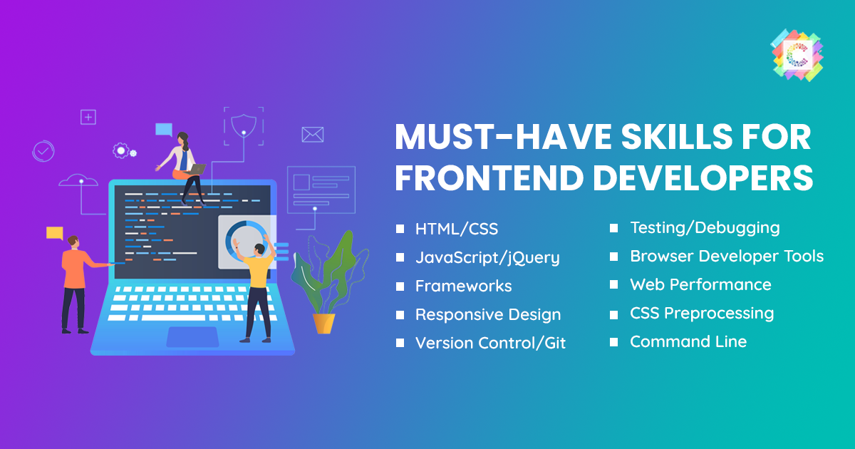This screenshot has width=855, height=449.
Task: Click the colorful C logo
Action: (x=797, y=56)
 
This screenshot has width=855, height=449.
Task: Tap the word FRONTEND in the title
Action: (x=489, y=178)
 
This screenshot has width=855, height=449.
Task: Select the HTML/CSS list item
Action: (x=457, y=229)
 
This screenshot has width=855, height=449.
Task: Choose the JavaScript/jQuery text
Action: (x=487, y=258)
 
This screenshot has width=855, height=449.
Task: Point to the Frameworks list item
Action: (x=463, y=286)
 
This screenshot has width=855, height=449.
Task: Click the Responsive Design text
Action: (x=488, y=315)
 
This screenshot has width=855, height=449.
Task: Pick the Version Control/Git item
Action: (x=490, y=343)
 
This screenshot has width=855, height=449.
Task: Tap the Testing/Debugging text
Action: (x=705, y=228)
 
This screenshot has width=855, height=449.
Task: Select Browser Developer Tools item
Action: (x=727, y=256)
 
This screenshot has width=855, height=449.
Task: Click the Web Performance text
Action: (x=701, y=285)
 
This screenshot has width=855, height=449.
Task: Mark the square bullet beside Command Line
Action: (x=613, y=342)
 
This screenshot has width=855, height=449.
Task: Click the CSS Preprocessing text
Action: (x=702, y=314)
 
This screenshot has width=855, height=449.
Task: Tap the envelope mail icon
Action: (x=313, y=135)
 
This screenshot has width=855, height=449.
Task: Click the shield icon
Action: (x=244, y=125)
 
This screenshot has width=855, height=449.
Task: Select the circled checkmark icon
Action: (x=43, y=151)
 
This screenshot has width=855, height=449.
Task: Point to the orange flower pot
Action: (x=323, y=324)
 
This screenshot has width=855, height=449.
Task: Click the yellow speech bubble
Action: (x=55, y=233)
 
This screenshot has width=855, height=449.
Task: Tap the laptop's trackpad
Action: (x=193, y=337)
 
